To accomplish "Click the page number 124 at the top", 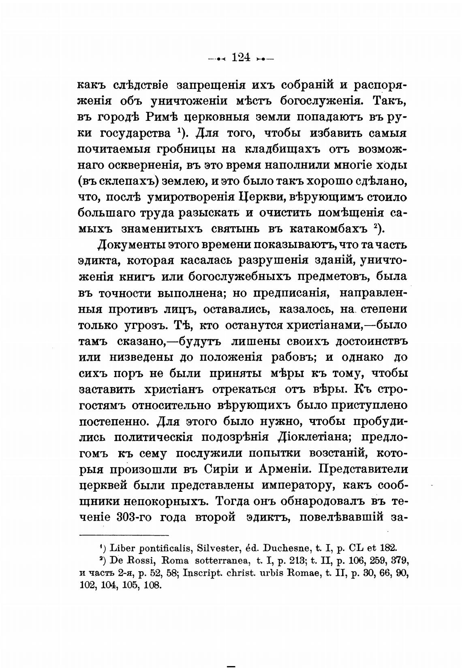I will coord(241,57).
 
